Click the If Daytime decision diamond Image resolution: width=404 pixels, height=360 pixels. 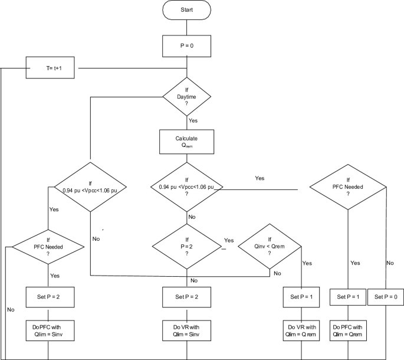(186, 97)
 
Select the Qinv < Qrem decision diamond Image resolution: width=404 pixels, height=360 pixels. (271, 244)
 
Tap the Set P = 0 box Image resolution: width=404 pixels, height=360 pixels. (386, 297)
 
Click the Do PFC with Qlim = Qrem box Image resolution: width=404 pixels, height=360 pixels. (349, 330)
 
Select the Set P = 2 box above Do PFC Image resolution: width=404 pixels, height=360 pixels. (50, 297)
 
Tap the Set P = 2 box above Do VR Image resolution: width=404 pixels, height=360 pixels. (186, 297)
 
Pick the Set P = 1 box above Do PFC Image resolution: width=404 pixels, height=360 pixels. (349, 297)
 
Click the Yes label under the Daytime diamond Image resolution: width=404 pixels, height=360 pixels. (193, 120)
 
